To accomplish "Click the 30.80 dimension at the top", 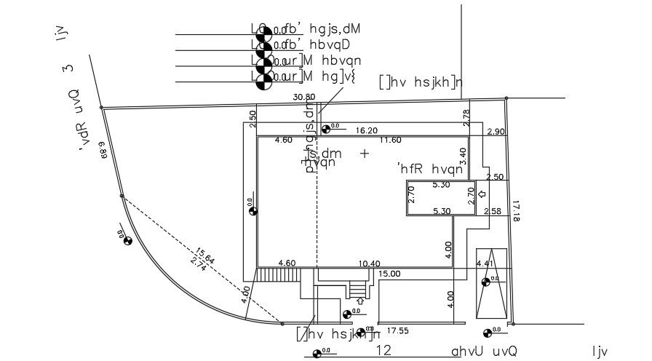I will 304,97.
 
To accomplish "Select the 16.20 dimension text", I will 366,130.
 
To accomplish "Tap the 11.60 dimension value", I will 390,140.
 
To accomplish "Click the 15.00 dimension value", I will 389,274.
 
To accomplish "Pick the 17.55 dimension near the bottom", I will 397,331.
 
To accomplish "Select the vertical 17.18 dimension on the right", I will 517,211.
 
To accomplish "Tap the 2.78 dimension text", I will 466,116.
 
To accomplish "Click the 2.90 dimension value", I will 496,131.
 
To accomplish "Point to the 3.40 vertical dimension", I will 461,156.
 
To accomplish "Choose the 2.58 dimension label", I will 493,211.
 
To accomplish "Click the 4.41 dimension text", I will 485,263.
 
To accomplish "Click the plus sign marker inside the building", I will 365,154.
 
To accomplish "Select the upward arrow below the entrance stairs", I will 360,299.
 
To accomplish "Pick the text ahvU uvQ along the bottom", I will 484,351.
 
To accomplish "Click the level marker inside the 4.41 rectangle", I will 486,282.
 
